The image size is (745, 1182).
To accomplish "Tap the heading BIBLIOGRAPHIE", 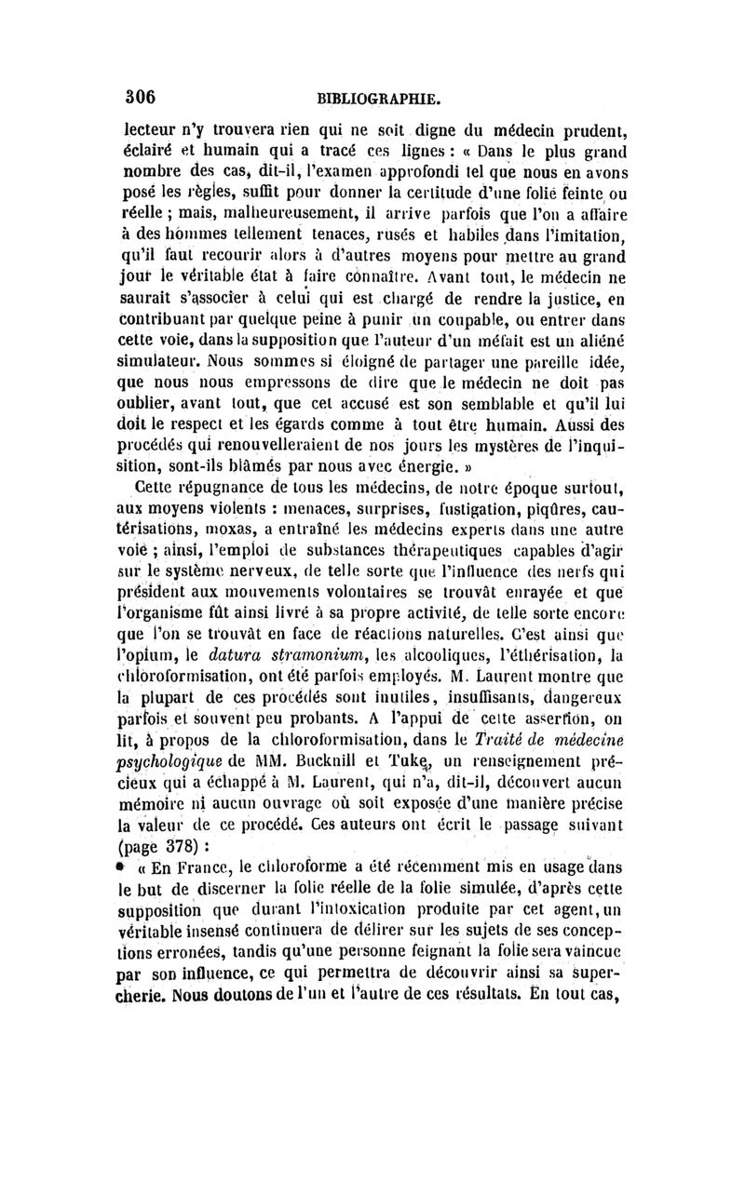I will pyautogui.click(x=377, y=99).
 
